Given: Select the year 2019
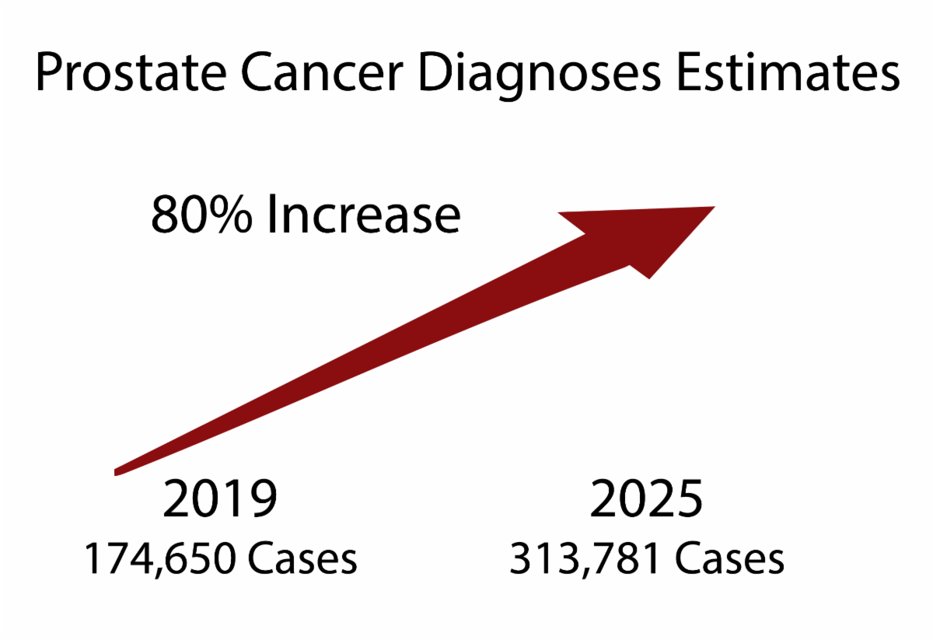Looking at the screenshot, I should [x=220, y=500].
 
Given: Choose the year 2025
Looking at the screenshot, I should [x=646, y=500].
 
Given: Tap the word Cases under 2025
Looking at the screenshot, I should [x=726, y=559].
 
